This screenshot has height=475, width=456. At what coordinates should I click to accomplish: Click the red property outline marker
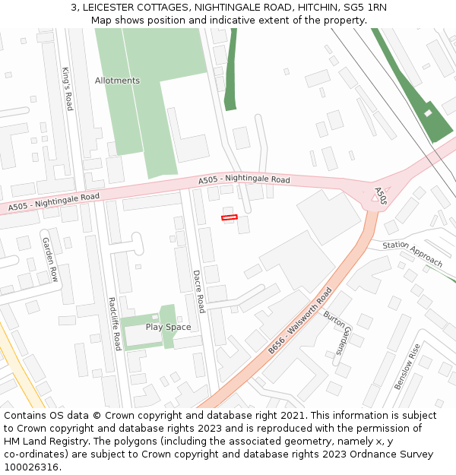tap(229, 218)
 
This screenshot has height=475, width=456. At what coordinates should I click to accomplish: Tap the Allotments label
tap(117, 81)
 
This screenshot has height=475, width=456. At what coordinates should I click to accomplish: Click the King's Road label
tap(67, 89)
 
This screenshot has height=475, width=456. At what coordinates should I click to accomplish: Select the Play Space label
tap(168, 327)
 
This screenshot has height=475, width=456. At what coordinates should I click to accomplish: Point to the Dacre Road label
tap(198, 291)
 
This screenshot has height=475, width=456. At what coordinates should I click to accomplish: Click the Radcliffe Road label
tap(114, 323)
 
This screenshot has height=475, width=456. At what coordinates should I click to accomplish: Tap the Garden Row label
tap(50, 259)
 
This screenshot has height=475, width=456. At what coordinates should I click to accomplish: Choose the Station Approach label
tap(412, 254)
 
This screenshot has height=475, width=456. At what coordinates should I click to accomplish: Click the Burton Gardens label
tap(335, 332)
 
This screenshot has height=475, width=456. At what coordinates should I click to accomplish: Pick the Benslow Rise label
tap(407, 367)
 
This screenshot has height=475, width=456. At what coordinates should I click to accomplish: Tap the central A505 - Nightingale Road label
tap(244, 180)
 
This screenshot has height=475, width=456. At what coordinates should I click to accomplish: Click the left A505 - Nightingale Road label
tap(54, 201)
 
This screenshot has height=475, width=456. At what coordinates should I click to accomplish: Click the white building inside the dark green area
tap(428, 113)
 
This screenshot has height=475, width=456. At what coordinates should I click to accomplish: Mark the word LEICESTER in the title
tap(112, 7)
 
